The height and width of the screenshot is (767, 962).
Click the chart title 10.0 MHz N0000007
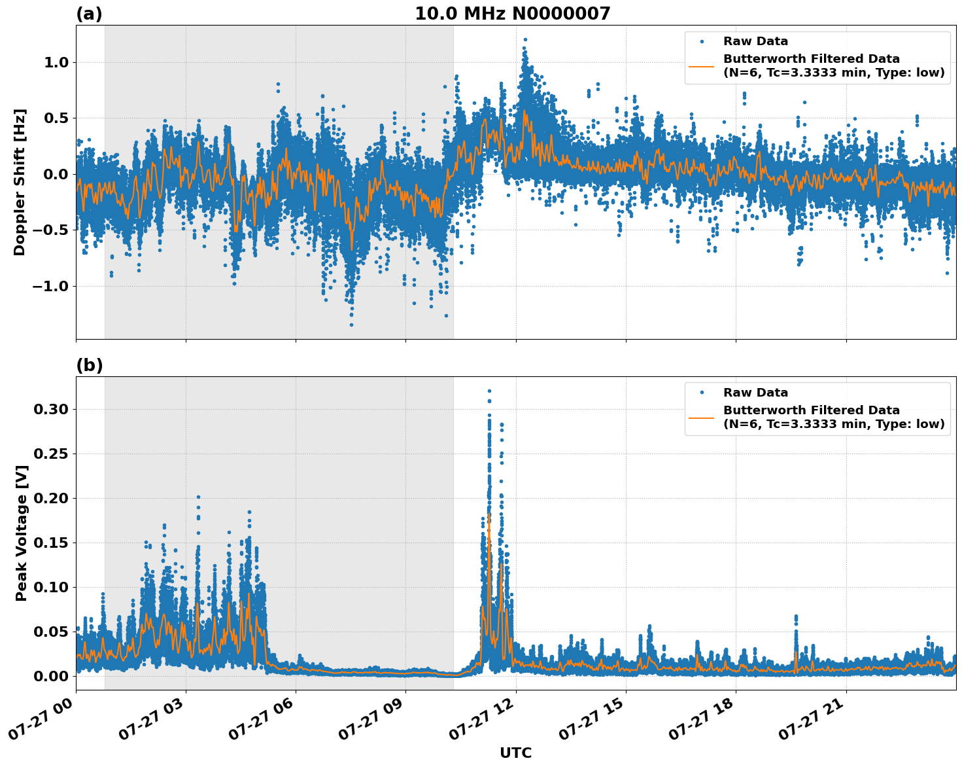coord(512,14)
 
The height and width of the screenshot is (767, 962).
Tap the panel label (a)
coord(89,14)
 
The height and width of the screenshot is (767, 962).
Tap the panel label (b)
coord(90,365)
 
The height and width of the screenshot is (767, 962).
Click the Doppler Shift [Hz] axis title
coord(20,182)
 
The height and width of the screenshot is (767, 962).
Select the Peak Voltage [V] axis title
coord(22,533)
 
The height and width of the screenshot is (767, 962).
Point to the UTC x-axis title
coord(515,753)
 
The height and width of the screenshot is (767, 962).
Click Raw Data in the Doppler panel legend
coord(755,41)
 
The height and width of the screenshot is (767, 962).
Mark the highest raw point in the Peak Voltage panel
coord(489,391)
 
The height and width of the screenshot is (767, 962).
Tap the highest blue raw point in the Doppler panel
coord(524,39)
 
